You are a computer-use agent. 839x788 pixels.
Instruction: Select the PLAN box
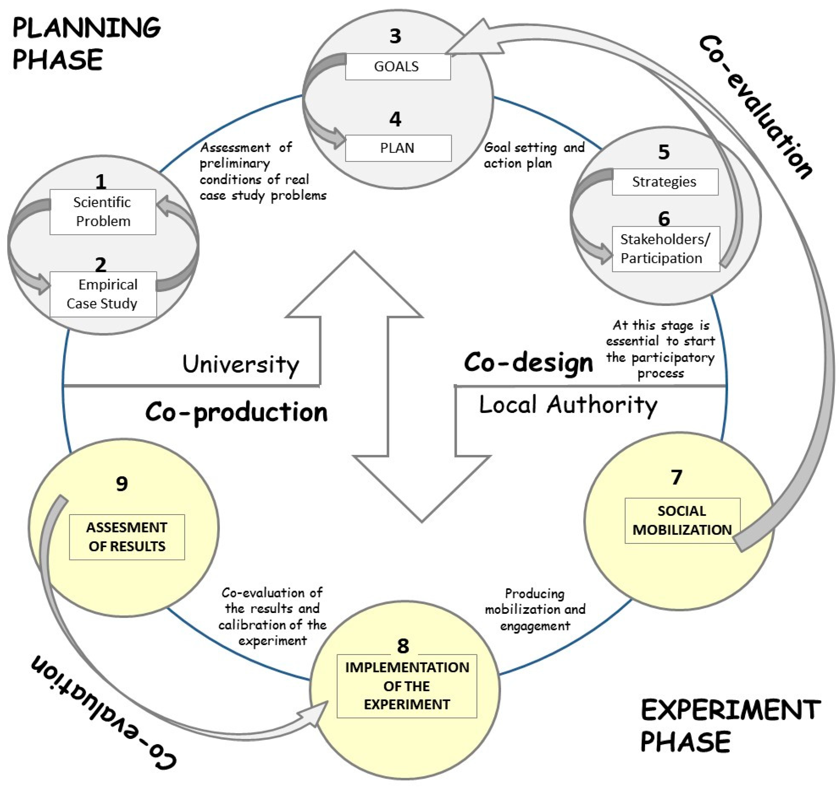[x=398, y=148]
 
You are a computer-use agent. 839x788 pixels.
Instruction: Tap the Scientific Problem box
[x=103, y=212]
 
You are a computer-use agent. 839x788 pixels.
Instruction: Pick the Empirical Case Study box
[x=103, y=294]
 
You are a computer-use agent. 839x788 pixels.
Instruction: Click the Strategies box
[x=665, y=182]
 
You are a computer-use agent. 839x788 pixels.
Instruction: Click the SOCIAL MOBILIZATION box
[x=682, y=520]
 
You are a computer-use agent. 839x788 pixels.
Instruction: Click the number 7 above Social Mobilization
[x=676, y=477]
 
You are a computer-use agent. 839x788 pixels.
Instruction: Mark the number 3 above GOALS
[x=395, y=36]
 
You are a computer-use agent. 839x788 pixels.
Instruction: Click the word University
[x=240, y=364]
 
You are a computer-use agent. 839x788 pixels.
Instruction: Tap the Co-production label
[x=236, y=412]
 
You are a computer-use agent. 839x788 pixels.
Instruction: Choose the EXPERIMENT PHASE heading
[x=730, y=725]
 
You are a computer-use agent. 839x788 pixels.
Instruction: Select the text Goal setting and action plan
[x=534, y=155]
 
